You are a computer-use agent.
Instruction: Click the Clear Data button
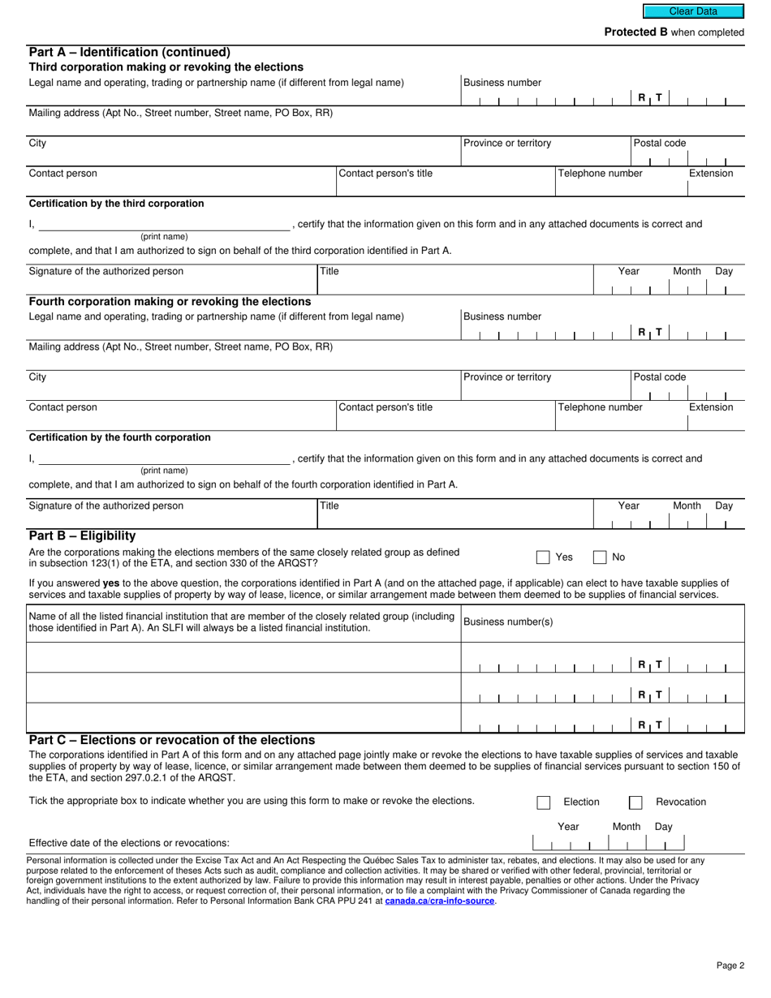pos(693,11)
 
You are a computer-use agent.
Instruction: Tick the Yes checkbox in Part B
pos(543,557)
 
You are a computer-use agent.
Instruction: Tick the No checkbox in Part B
pos(600,557)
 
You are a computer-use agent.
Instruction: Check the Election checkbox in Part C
pos(543,802)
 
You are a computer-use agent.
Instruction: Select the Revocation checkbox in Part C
pos(635,802)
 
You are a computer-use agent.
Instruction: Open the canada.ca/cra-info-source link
pos(439,901)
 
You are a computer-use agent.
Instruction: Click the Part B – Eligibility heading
pos(82,536)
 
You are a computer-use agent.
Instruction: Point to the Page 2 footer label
pos(730,966)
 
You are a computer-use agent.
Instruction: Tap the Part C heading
pos(171,740)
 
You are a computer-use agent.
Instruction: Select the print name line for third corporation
pos(164,226)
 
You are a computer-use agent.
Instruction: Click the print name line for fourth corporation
pos(164,459)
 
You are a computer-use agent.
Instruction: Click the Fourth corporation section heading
pos(170,302)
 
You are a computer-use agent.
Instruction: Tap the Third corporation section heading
pos(166,67)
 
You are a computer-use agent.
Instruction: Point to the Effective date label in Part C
pos(129,843)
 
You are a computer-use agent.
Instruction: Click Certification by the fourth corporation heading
pos(119,437)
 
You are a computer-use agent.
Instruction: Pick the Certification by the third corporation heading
pos(116,204)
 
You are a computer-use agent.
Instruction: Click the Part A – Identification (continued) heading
pos(130,53)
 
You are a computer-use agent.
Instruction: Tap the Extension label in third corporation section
pos(710,174)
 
